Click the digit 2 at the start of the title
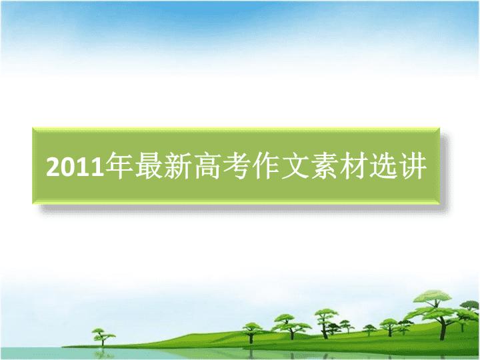pos(53,167)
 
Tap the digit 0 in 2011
pos(68,167)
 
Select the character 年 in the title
pos(119,165)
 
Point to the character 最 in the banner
pos(149,165)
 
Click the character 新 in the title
pos(178,165)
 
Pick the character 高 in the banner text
pos(207,165)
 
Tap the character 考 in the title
pos(237,165)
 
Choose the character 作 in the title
pos(266,165)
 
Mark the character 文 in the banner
pos(295,165)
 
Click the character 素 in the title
pos(325,165)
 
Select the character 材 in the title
pos(354,165)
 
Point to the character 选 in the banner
pos(383,165)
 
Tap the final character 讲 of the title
pos(413,165)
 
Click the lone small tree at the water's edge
pos(103,337)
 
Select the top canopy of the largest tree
pos(432,297)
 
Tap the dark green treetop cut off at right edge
pos(471,305)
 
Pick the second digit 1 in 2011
pos(97,167)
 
